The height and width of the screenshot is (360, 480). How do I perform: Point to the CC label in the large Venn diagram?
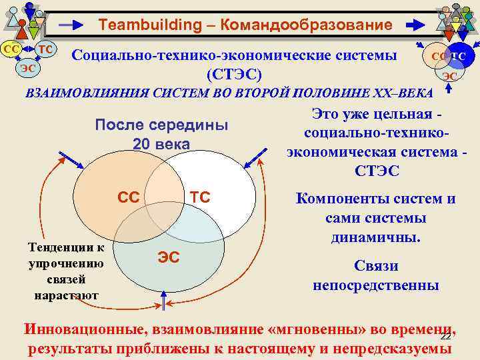point(128,197)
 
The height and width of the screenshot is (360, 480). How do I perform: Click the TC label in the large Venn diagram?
point(200,197)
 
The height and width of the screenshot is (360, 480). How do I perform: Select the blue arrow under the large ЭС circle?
point(165,302)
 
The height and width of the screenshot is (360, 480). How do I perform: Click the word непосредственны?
point(376,285)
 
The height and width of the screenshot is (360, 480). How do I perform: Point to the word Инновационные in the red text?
point(86,329)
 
